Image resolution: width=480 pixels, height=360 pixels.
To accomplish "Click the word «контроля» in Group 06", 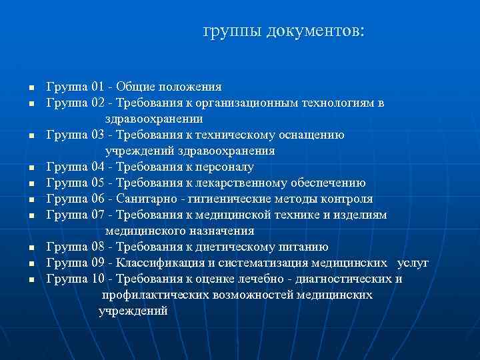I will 347,199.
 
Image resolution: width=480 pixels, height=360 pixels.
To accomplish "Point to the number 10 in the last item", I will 99,279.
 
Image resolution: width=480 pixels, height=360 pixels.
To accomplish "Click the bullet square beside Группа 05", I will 31,183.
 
